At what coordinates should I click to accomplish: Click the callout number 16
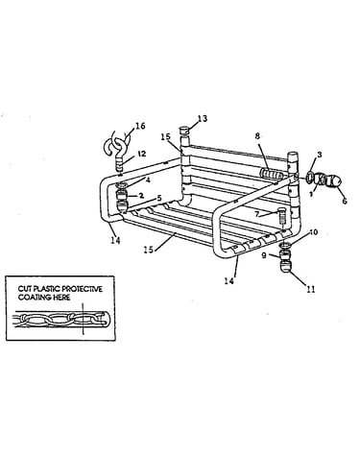pyautogui.click(x=140, y=126)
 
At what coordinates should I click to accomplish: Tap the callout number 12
pyautogui.click(x=141, y=154)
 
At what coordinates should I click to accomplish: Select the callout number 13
pyautogui.click(x=203, y=118)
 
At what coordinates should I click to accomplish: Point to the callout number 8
pyautogui.click(x=257, y=136)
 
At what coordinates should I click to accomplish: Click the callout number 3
pyautogui.click(x=319, y=155)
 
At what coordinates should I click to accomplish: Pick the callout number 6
pyautogui.click(x=345, y=202)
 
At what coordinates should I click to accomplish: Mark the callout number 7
pyautogui.click(x=256, y=214)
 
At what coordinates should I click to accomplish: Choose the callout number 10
pyautogui.click(x=314, y=232)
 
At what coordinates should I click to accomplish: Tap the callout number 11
pyautogui.click(x=310, y=289)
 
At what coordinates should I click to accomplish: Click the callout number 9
pyautogui.click(x=264, y=255)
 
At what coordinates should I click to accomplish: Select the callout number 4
pyautogui.click(x=148, y=180)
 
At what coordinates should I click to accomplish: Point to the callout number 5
pyautogui.click(x=159, y=198)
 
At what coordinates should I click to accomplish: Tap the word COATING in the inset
pyautogui.click(x=33, y=298)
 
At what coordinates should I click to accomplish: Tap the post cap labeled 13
pyautogui.click(x=185, y=132)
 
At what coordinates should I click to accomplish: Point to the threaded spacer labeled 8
pyautogui.click(x=272, y=175)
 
